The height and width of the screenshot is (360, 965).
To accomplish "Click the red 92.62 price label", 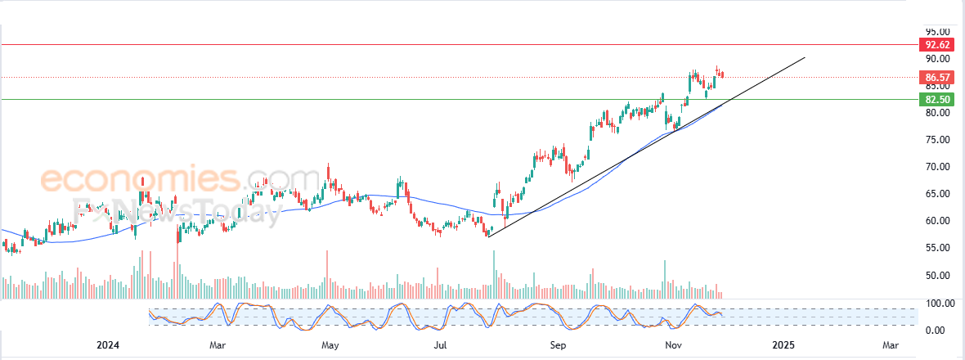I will (x=935, y=44).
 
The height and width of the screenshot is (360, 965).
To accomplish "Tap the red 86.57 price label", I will (x=935, y=78).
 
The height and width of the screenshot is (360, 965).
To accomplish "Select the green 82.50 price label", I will (x=935, y=99).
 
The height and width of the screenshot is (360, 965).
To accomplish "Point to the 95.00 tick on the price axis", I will (x=937, y=31).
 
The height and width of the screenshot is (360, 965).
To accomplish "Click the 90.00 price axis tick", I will (x=937, y=59).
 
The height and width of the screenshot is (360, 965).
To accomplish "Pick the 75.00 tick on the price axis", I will (x=937, y=140).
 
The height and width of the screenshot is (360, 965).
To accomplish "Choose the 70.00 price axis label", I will (x=937, y=167).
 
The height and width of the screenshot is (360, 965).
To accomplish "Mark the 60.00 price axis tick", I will (x=937, y=221).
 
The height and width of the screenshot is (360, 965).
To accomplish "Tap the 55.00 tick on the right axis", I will (x=937, y=248).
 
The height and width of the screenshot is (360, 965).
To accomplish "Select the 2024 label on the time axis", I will (x=109, y=346).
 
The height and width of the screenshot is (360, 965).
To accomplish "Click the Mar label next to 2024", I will (x=218, y=346).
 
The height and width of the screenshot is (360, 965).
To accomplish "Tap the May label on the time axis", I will (x=330, y=346).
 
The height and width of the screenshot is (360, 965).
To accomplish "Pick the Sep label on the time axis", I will (x=558, y=346).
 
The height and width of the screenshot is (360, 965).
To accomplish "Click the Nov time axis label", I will (x=672, y=346).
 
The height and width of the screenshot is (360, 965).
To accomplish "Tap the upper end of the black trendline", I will (x=805, y=57).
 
